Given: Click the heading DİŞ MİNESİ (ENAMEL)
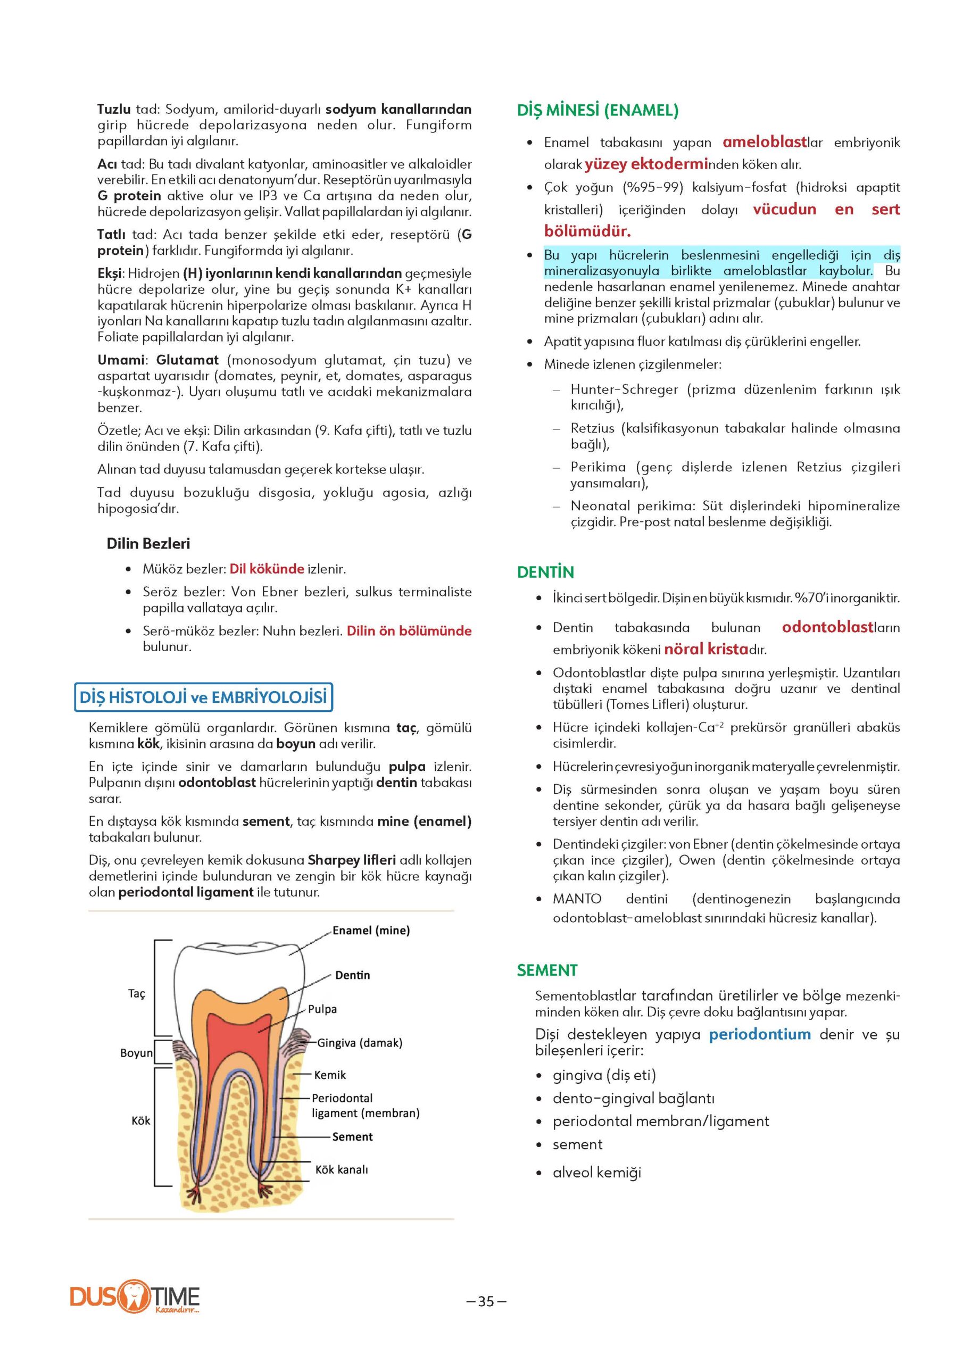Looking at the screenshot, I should (597, 111).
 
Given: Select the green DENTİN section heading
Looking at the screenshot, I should (545, 572).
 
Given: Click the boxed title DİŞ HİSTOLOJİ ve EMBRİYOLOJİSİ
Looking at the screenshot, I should (203, 697).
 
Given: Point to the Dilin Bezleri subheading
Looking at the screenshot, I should (148, 544).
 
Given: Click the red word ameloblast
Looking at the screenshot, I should (765, 142).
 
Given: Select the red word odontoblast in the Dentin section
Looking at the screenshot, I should (827, 627).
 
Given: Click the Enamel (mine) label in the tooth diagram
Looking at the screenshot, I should (371, 931).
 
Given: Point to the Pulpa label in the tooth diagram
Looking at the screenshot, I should (322, 1009).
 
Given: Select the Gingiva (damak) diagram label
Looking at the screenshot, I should (359, 1043).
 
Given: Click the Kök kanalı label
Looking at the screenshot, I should (342, 1170).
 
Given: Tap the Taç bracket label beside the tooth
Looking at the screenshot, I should (136, 994).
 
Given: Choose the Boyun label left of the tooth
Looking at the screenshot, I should (136, 1053).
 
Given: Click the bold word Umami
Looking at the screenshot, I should (121, 360).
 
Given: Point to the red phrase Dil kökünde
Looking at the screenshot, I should (267, 569).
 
